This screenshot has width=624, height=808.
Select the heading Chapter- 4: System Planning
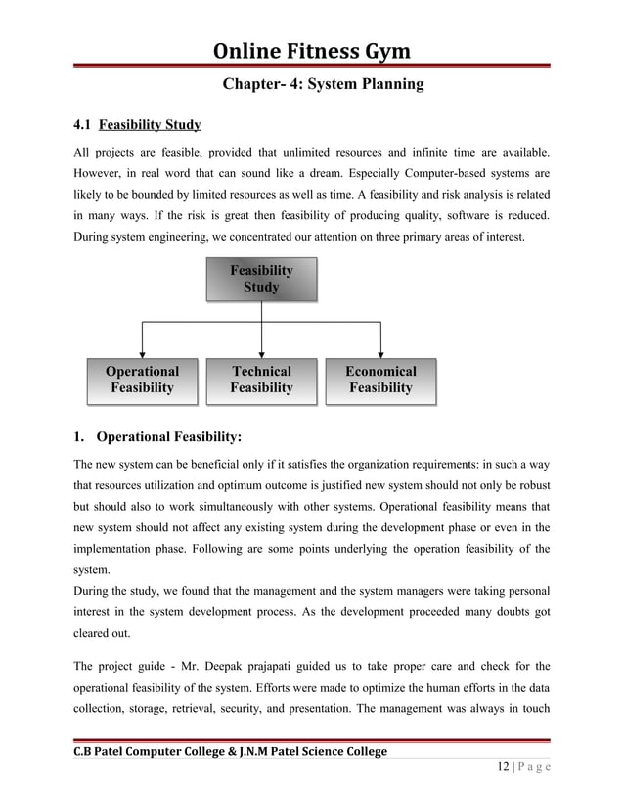tap(323, 85)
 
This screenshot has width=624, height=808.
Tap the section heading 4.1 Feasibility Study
tap(138, 125)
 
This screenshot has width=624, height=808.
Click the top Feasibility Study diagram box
tap(261, 279)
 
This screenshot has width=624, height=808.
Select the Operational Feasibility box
tap(142, 380)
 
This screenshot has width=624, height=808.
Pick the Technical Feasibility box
tap(261, 380)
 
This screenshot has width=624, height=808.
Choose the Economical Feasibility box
tap(380, 380)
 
